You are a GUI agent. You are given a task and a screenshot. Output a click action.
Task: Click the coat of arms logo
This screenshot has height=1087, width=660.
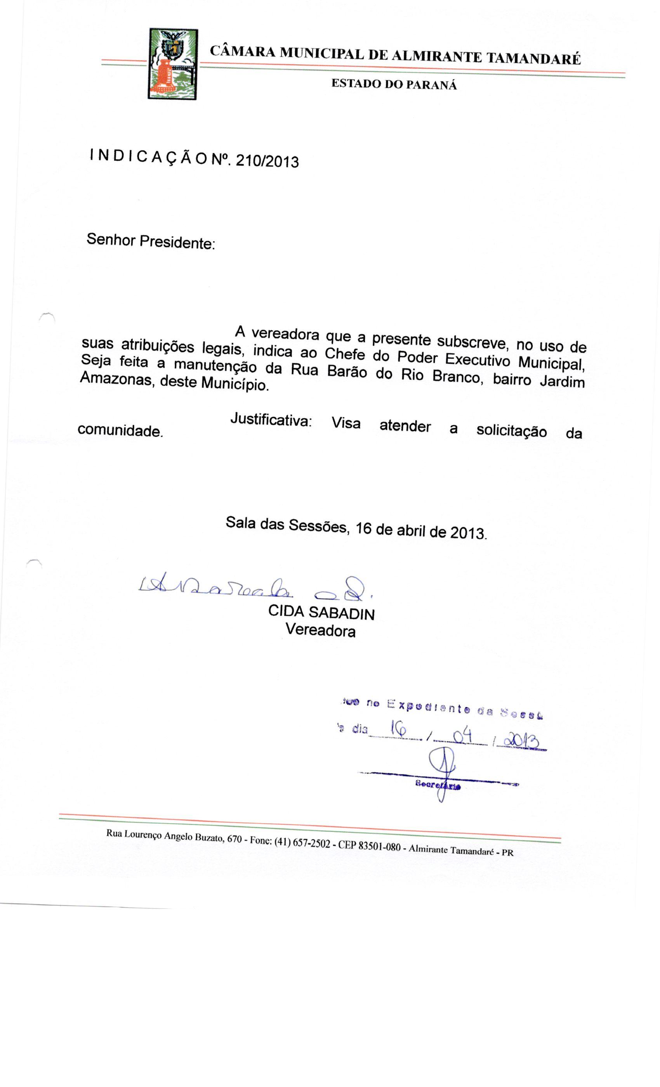click(x=172, y=64)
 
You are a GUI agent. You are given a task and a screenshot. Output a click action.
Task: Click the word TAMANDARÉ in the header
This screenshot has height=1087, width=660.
click(x=533, y=58)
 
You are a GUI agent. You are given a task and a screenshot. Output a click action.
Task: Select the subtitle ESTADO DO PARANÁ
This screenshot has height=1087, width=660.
click(x=394, y=84)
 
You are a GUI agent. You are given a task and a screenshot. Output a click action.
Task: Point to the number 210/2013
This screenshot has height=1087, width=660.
click(x=267, y=161)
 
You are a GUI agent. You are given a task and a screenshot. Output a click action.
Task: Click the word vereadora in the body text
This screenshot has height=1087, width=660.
click(x=285, y=334)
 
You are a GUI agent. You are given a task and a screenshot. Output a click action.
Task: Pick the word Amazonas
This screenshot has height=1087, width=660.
click(x=116, y=379)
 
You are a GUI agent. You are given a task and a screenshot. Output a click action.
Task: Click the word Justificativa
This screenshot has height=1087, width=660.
click(x=271, y=420)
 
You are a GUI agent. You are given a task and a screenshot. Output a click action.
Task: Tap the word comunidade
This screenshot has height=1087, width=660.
click(x=120, y=430)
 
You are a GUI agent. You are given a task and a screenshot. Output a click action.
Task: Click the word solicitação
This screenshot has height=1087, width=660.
click(x=511, y=431)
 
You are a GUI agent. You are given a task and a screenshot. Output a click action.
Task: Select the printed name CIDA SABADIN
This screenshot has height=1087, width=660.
click(x=321, y=612)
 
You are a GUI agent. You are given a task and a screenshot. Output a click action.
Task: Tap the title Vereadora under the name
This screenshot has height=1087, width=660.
click(x=320, y=630)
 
